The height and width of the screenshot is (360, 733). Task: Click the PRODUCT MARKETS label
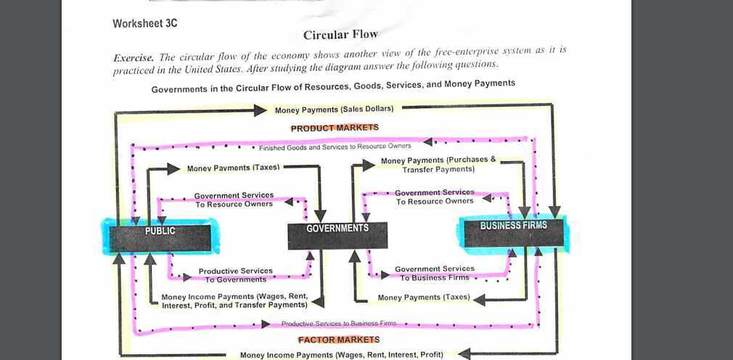(x=335, y=128)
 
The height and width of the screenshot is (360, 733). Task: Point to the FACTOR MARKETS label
(x=338, y=340)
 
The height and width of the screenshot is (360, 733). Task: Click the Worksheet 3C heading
(x=145, y=23)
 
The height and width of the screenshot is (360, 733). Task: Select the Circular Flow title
(x=340, y=35)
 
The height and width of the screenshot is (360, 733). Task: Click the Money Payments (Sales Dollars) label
(x=334, y=110)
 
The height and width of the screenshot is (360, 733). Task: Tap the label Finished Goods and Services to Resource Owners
(x=335, y=147)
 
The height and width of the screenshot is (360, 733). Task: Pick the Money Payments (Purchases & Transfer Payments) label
(x=438, y=164)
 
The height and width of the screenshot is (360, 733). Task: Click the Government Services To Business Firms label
(x=434, y=273)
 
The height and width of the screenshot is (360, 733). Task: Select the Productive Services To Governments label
(x=236, y=275)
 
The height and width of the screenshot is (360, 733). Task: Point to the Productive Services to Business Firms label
(x=338, y=324)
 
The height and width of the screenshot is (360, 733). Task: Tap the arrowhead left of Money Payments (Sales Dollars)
(x=261, y=110)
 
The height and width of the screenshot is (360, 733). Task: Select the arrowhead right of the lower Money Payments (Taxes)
(x=478, y=298)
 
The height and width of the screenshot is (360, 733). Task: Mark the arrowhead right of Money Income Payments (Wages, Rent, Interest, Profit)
(x=460, y=354)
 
